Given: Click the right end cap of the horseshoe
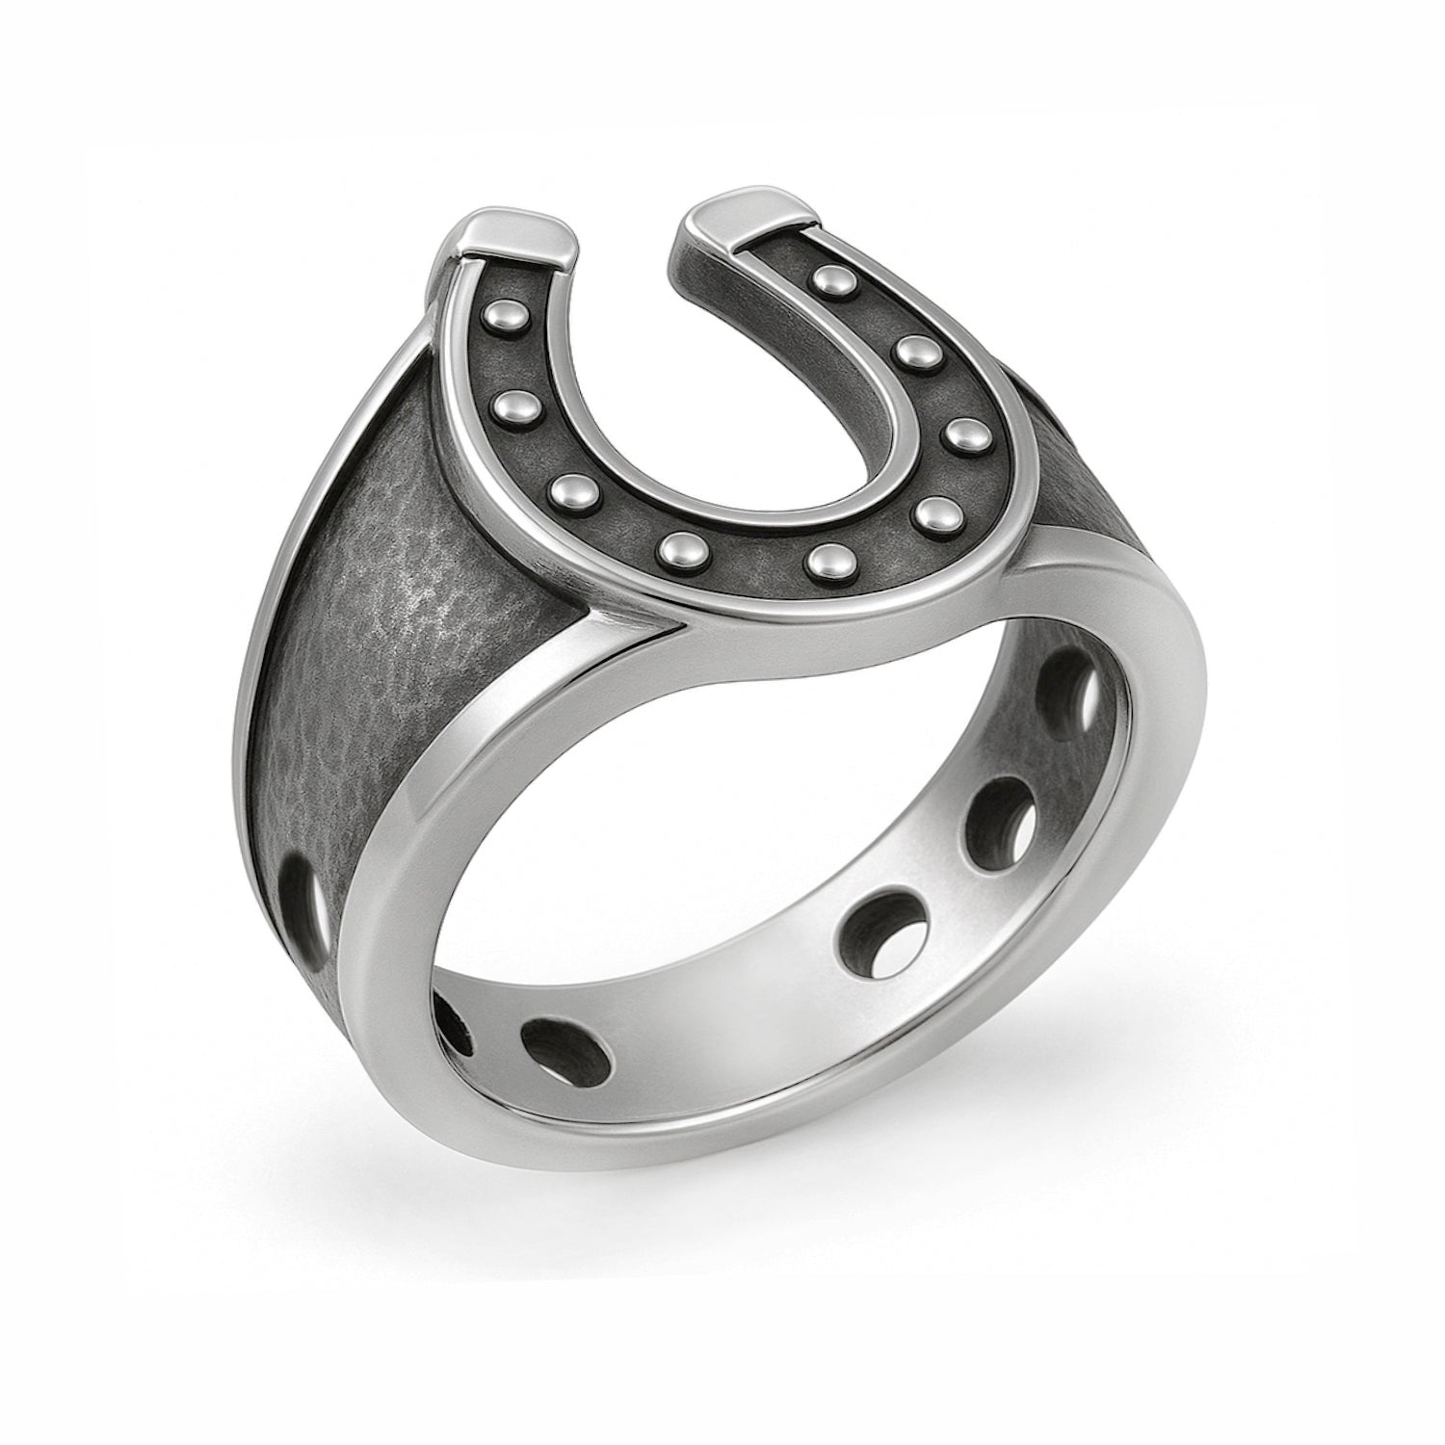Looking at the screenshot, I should (x=738, y=199).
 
